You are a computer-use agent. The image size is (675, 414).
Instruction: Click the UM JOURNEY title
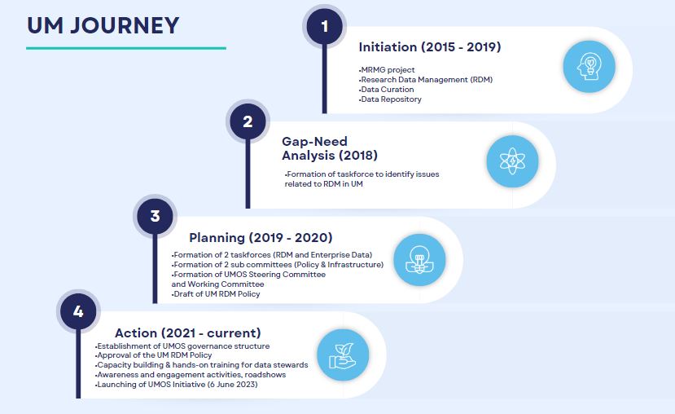click(103, 25)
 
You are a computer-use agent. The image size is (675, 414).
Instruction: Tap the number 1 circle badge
click(325, 27)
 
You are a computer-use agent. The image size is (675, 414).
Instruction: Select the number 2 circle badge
click(248, 121)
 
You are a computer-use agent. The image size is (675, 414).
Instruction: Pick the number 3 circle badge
click(155, 216)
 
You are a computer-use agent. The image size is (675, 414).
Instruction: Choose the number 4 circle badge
click(78, 311)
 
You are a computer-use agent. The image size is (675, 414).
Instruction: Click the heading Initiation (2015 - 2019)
click(430, 47)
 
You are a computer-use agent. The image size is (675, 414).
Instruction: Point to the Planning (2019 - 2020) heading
click(261, 237)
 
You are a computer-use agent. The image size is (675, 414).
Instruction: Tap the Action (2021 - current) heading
click(188, 333)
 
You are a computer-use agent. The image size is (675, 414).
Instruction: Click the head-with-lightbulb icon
click(589, 66)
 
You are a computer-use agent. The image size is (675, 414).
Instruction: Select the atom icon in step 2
click(512, 161)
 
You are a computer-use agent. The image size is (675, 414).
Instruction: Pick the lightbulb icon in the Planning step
click(419, 260)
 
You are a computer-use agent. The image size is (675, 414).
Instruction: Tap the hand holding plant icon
click(343, 355)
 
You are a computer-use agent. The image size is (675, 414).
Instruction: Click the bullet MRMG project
click(387, 70)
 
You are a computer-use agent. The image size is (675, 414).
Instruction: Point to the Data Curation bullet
click(386, 89)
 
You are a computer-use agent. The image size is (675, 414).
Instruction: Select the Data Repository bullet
click(390, 99)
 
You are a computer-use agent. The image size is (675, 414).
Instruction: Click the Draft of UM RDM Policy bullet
click(216, 294)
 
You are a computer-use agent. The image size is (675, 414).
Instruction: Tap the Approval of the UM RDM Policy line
click(153, 355)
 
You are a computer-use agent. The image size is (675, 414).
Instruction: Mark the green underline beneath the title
click(126, 48)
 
